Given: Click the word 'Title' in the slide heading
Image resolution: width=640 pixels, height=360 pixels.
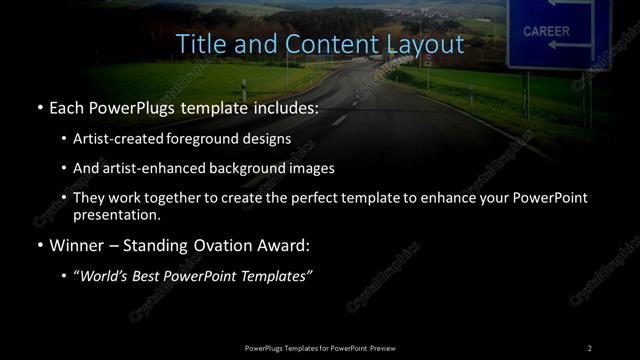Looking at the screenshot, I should (x=199, y=45).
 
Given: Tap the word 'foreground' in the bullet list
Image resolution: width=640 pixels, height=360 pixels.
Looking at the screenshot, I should (x=218, y=138).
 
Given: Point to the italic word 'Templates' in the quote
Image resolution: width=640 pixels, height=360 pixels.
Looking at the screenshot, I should (x=278, y=275).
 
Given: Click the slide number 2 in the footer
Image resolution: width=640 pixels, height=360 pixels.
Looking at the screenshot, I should (x=589, y=347).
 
